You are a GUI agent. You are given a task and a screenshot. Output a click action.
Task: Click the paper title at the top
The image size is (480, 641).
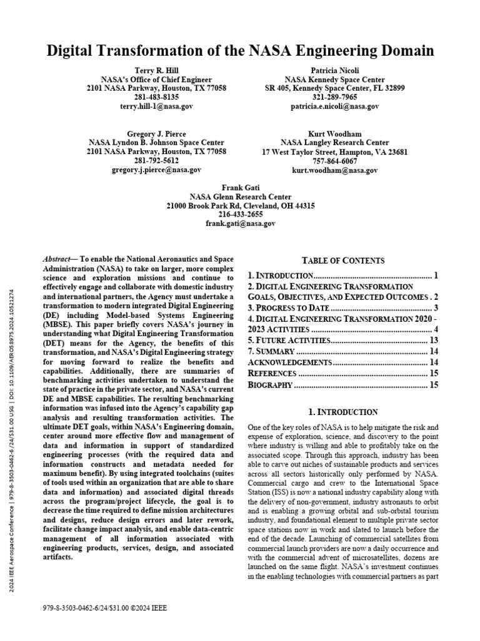pyautogui.click(x=240, y=51)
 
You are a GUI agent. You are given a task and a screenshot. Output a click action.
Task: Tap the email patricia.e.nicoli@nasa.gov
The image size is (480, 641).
pyautogui.click(x=334, y=106)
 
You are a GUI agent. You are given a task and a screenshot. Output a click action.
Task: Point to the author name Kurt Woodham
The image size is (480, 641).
pyautogui.click(x=334, y=134)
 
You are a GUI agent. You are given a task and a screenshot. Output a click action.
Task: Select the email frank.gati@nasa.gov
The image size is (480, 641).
pyautogui.click(x=241, y=223)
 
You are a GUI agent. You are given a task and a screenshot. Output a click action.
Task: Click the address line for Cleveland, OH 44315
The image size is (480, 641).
pyautogui.click(x=241, y=205)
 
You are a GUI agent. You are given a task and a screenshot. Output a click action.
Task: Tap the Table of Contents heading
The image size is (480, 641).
pyautogui.click(x=343, y=260)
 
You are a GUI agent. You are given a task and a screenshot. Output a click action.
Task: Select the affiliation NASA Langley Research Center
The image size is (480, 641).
pyautogui.click(x=334, y=143)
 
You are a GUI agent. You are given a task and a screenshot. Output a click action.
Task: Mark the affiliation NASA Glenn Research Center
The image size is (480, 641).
pyautogui.click(x=241, y=197)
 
